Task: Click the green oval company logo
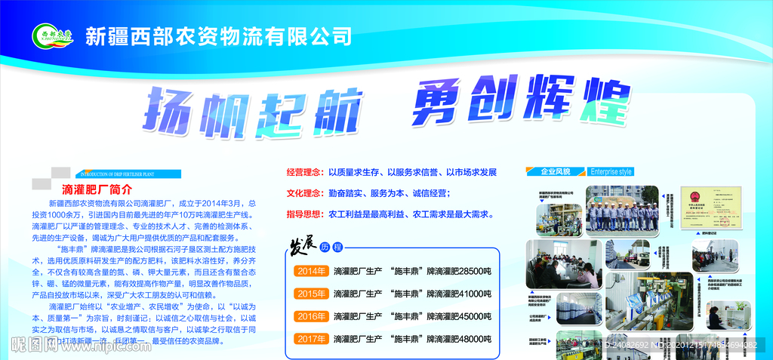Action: pyautogui.click(x=52, y=35)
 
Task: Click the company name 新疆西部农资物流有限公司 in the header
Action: pyautogui.click(x=218, y=35)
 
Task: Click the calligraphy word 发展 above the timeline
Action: pyautogui.click(x=300, y=247)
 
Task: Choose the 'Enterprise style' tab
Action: pyautogui.click(x=611, y=171)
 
